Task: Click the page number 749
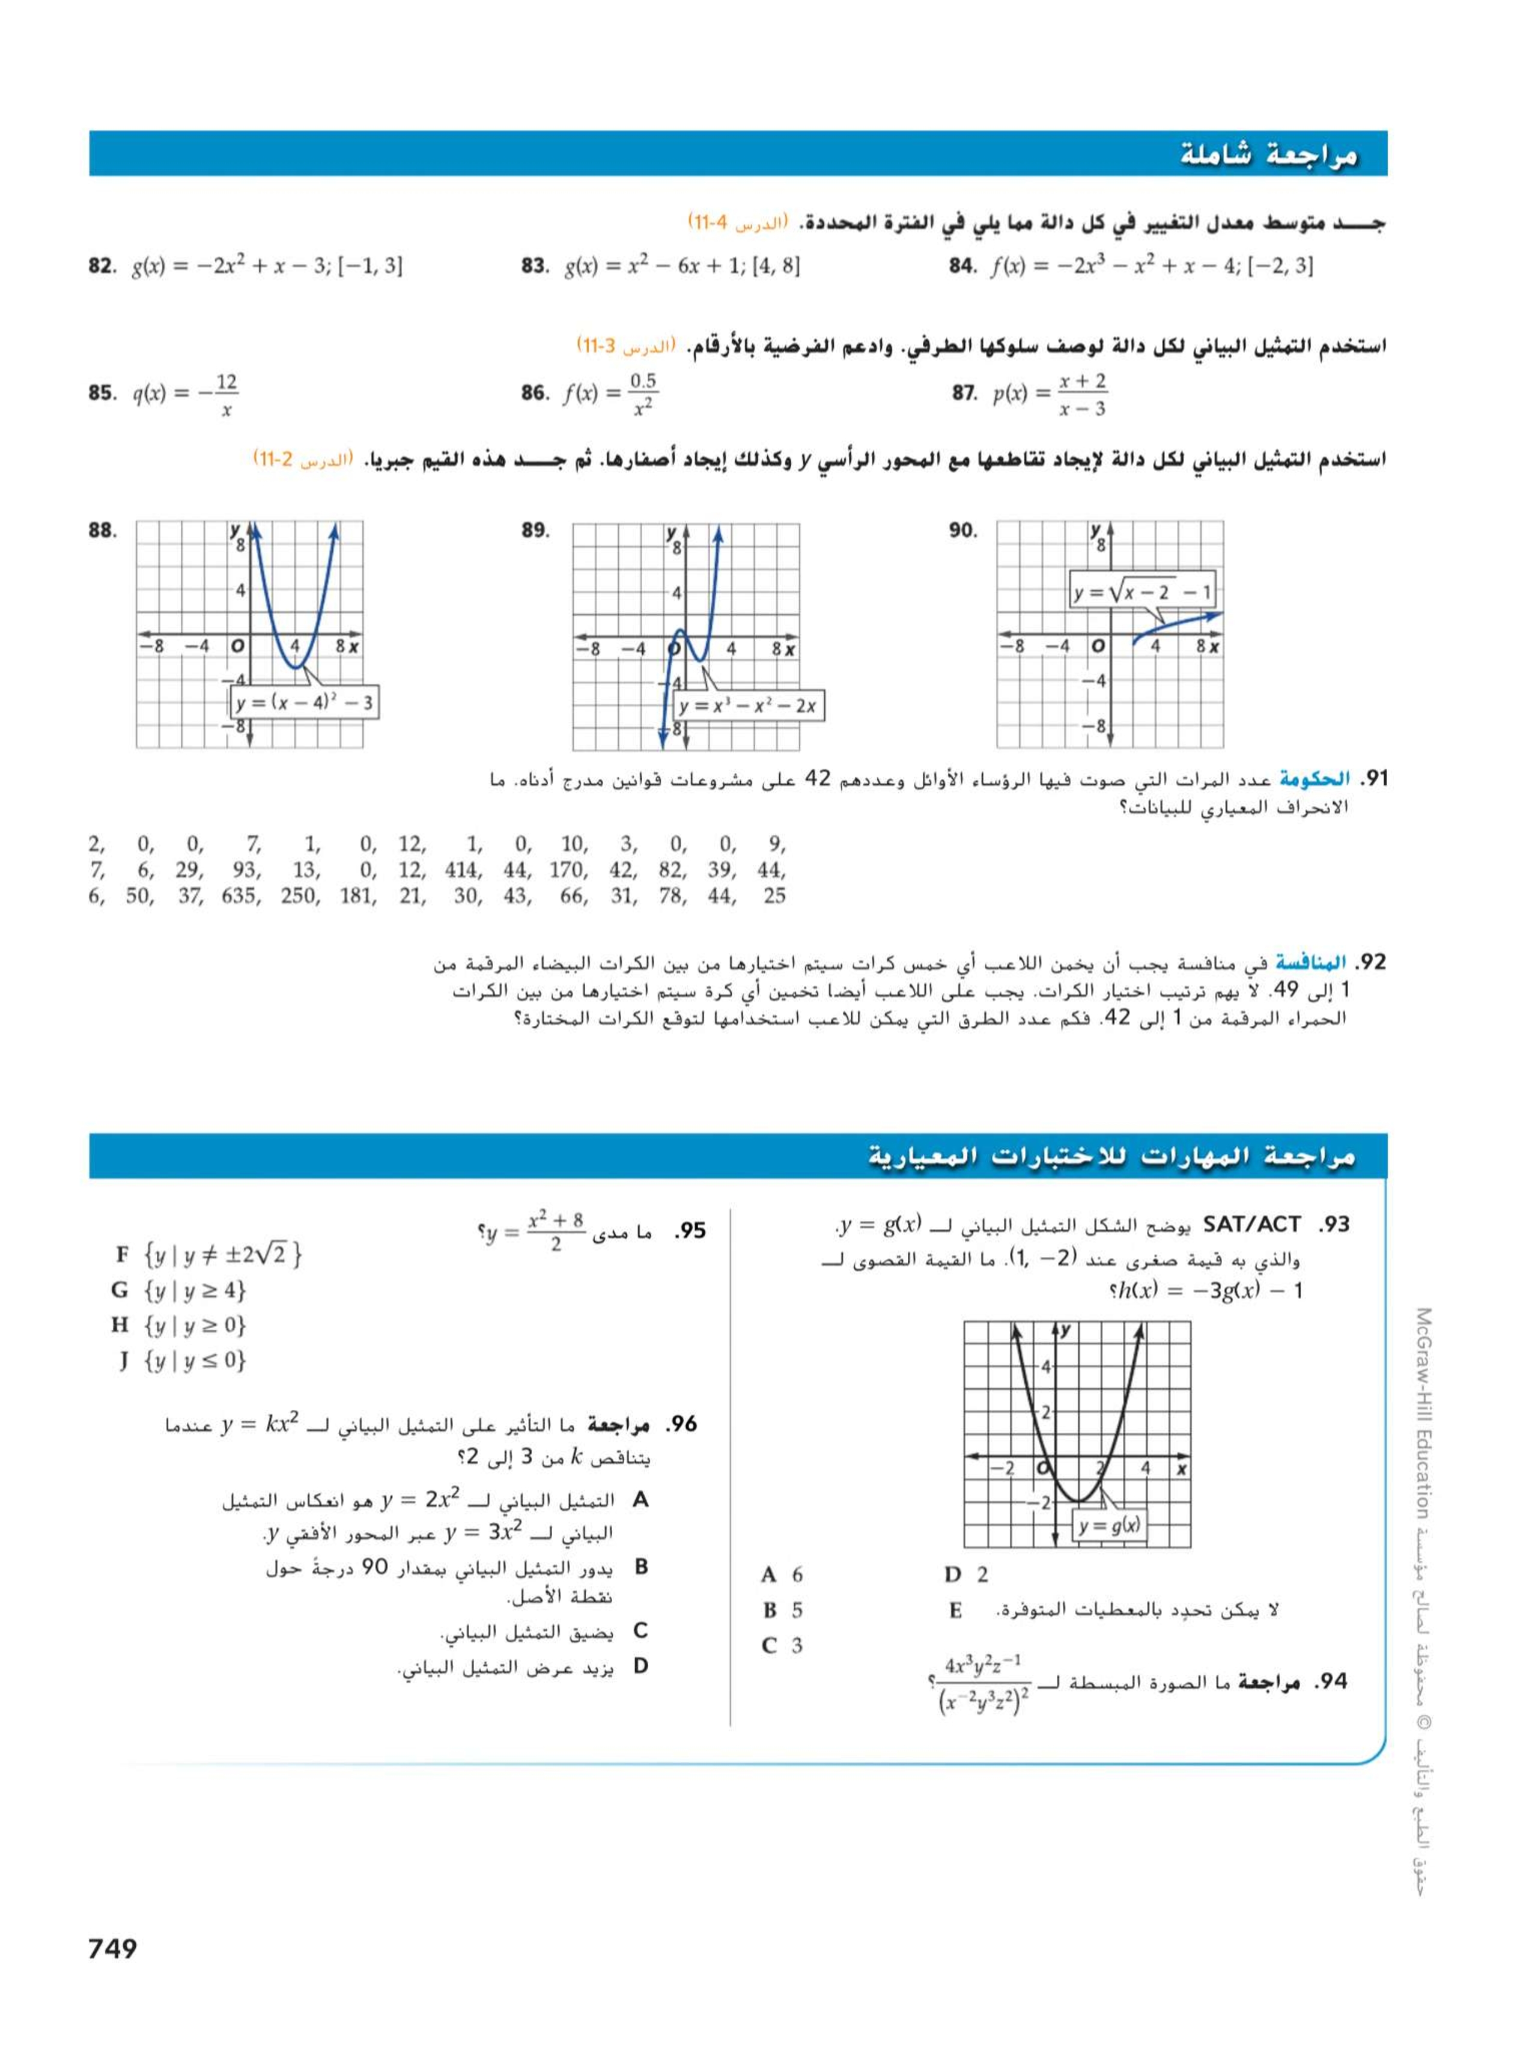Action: coord(112,1948)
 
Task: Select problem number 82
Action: coord(101,267)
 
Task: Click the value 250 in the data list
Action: coord(299,895)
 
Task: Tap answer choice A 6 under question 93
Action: coord(782,1574)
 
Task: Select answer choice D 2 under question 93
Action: coord(966,1574)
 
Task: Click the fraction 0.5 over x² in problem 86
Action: coord(642,394)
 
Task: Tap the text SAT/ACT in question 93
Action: coord(1251,1225)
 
